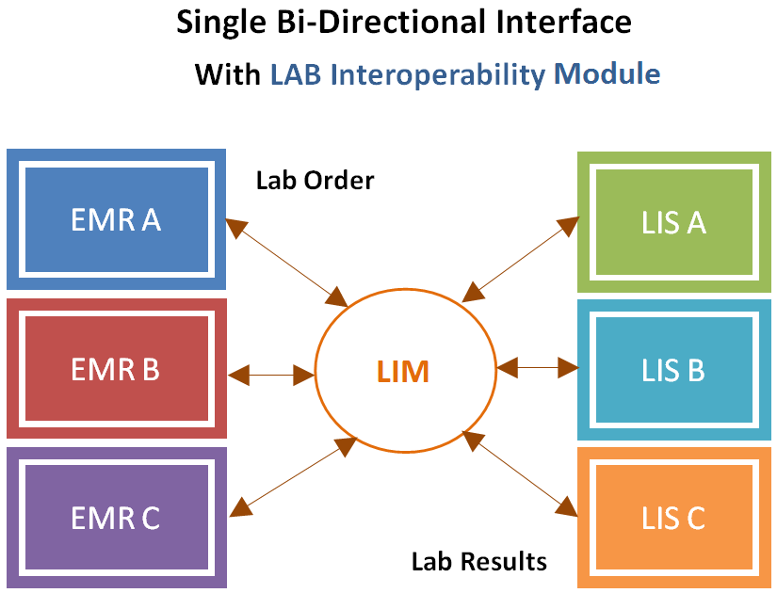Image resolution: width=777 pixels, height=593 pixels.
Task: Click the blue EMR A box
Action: [116, 219]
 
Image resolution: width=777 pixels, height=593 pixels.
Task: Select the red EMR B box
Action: [116, 369]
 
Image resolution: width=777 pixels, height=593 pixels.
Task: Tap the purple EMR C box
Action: [116, 518]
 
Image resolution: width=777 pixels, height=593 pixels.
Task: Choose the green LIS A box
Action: [673, 222]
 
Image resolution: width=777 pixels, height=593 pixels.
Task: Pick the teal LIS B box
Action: [673, 370]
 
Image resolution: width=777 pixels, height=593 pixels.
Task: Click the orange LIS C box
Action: [673, 519]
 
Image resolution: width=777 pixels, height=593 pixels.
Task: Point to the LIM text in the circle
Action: [404, 372]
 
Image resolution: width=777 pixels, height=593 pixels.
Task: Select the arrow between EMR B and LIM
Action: [271, 374]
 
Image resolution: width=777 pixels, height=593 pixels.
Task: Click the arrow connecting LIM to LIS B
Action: [537, 366]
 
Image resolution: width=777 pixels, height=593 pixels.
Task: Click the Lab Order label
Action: [315, 180]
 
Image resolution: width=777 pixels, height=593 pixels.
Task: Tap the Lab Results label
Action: [478, 562]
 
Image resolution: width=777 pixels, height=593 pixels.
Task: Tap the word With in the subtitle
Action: [227, 73]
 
